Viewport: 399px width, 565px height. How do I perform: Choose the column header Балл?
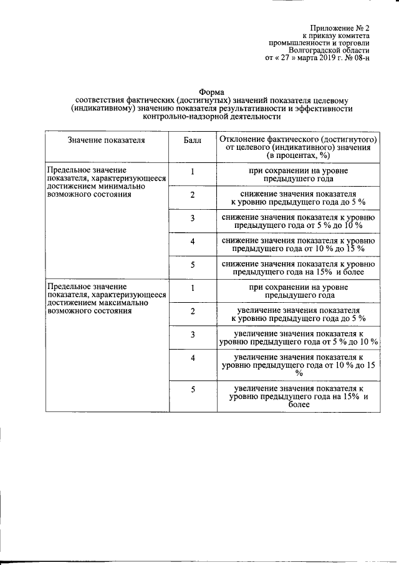(x=193, y=140)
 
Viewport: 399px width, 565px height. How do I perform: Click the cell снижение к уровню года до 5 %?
(x=297, y=199)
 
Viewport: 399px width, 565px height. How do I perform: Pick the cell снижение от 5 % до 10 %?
(x=297, y=221)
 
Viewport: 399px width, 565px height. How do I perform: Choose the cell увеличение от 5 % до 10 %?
(x=297, y=338)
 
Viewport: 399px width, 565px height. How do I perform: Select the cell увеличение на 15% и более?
(x=297, y=396)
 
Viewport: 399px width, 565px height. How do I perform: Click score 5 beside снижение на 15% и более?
(x=193, y=265)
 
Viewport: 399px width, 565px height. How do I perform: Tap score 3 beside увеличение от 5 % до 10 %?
(x=193, y=335)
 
